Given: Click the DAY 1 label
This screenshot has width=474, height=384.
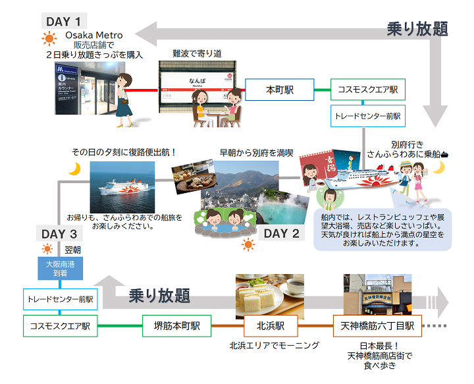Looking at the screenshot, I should [65, 21].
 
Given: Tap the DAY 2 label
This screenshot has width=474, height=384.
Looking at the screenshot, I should [282, 233].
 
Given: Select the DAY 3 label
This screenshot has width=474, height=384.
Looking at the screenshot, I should [59, 234].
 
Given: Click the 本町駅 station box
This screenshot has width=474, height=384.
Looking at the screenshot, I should [279, 90].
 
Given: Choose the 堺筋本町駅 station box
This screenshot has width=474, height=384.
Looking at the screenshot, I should [177, 325].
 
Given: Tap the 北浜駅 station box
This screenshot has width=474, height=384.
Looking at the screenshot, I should [269, 325].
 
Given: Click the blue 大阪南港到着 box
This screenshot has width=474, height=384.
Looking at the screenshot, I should [60, 269].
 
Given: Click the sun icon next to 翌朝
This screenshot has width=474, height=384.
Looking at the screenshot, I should [47, 250].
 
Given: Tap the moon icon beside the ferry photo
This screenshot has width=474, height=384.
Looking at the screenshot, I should [75, 169].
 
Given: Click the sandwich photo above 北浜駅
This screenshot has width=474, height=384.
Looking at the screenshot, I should [269, 292].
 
